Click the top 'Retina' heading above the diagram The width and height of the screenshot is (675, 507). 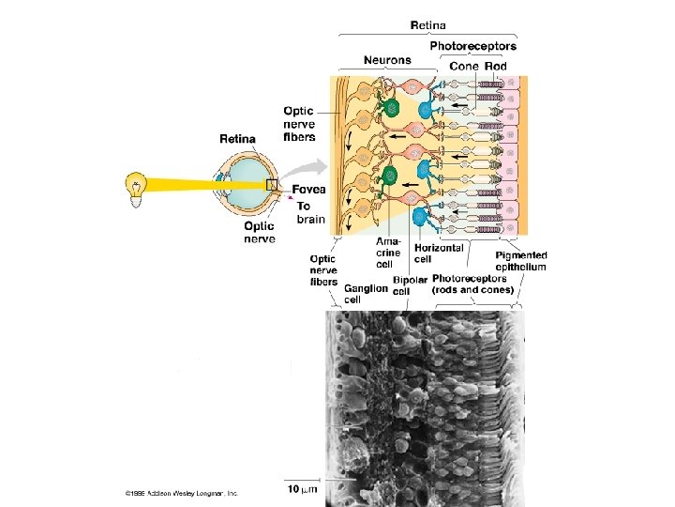coord(428,24)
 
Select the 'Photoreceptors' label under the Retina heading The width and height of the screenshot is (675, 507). coord(472,45)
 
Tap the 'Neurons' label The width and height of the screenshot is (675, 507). coord(387,60)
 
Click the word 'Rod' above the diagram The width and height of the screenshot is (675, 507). coord(496,66)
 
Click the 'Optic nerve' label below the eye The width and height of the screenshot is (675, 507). coord(259,232)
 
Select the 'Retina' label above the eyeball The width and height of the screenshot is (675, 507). coord(237,139)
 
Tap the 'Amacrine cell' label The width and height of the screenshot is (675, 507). coord(388,253)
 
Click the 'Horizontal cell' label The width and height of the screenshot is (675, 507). coord(439,253)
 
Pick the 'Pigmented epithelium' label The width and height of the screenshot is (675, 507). coord(520,261)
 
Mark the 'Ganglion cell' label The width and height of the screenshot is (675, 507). coord(365,294)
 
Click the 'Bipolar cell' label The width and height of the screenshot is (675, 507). coord(410,284)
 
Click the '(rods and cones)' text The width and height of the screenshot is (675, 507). coord(472,289)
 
